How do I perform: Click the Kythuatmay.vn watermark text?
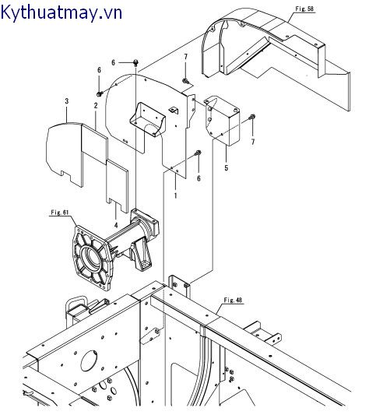[61, 12]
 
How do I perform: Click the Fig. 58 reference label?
[304, 9]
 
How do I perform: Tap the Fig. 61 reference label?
[59, 213]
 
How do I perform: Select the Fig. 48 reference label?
[233, 300]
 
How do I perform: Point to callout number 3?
[67, 101]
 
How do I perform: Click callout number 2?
[96, 105]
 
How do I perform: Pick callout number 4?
[116, 225]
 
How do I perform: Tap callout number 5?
[227, 168]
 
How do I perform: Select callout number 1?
[175, 196]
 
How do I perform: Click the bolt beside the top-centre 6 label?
[135, 62]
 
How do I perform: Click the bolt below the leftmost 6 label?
[100, 93]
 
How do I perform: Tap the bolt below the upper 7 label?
[185, 80]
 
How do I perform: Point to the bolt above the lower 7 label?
[252, 117]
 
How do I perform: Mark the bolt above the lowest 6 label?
[199, 153]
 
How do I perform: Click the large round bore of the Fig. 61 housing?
[91, 257]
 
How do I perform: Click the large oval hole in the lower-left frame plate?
[90, 360]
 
